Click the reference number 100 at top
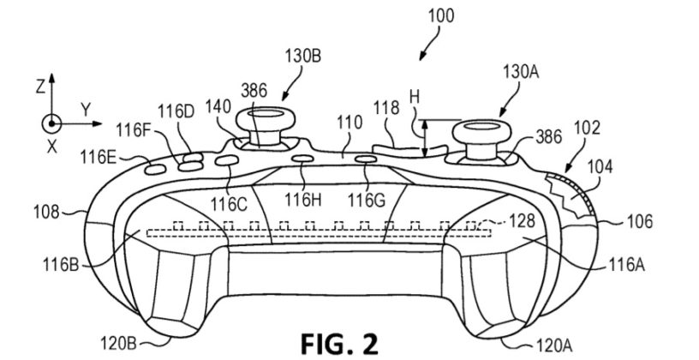pyautogui.click(x=439, y=15)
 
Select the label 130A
pyautogui.click(x=521, y=75)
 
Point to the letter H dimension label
pyautogui.click(x=415, y=100)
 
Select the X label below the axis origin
pyautogui.click(x=51, y=146)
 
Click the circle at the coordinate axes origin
pyautogui.click(x=51, y=123)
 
